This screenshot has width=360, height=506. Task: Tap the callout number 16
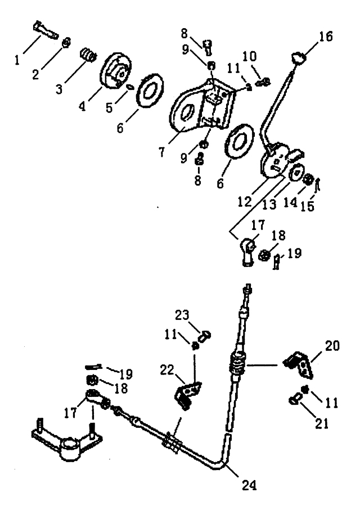coord(326,36)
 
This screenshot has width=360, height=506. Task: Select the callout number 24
coord(250,485)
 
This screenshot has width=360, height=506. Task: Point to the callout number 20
coord(332,346)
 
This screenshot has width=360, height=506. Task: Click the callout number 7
coord(161,151)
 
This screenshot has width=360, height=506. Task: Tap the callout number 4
coord(83,105)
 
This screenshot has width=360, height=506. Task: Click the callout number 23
coord(182,315)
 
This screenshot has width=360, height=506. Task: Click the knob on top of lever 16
coord(298,58)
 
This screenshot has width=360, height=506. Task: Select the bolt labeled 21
coord(294,400)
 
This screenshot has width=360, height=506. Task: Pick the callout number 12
coord(245,202)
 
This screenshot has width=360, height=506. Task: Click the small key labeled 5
coord(130,87)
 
